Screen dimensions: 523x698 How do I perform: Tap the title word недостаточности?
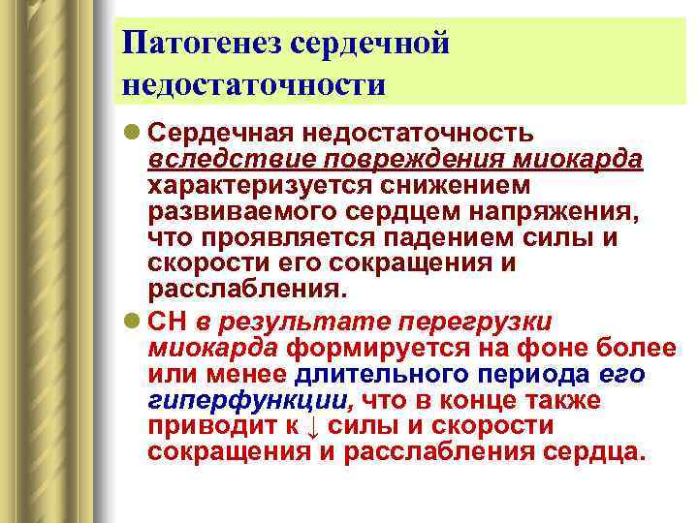pos(255,84)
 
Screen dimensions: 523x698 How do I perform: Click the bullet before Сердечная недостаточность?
pos(130,131)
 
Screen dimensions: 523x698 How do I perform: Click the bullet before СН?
pos(130,322)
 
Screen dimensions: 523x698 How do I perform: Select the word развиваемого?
pos(239,210)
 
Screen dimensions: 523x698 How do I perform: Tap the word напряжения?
pos(497,210)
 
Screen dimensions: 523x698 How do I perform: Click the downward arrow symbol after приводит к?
pos(312,427)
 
